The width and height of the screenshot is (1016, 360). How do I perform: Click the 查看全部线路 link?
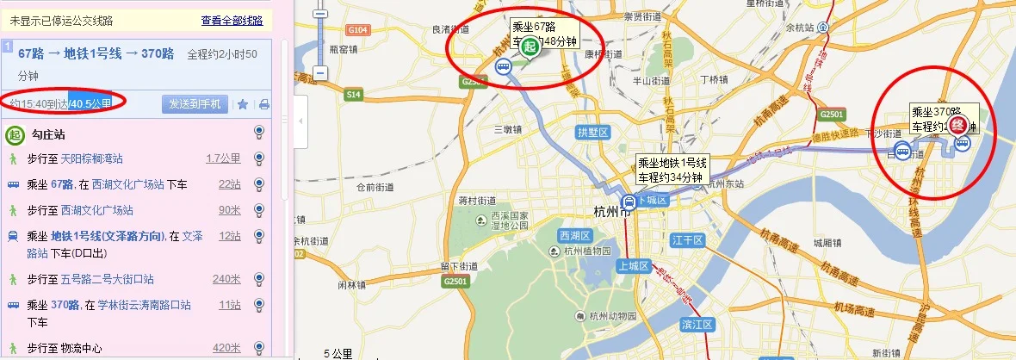tap(232, 21)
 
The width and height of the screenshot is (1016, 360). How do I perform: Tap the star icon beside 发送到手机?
tap(243, 104)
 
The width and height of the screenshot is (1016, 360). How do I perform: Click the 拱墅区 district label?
tap(593, 133)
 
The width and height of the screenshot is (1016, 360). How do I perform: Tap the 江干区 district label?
tap(685, 239)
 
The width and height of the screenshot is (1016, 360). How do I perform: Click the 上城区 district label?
tap(633, 266)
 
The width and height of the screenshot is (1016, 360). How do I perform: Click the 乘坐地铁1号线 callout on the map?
tap(672, 170)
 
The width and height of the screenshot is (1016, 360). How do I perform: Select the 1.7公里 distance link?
tap(223, 158)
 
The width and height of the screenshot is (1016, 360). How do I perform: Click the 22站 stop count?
tap(230, 184)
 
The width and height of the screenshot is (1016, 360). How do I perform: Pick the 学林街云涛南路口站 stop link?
tap(143, 305)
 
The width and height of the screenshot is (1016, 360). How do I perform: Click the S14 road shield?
tap(354, 93)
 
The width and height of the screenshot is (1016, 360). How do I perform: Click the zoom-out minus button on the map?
tap(320, 73)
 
